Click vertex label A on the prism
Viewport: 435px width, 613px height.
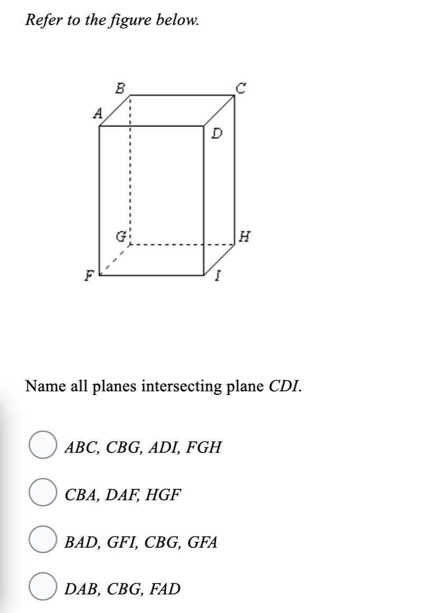tap(98, 113)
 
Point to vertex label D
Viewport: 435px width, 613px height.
tap(217, 134)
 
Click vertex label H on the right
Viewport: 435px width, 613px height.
tap(245, 236)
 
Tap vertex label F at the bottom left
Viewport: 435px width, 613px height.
tap(90, 276)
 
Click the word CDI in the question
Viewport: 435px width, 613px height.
tap(285, 386)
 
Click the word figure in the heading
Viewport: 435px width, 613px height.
tap(130, 19)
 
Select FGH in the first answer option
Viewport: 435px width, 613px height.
tap(204, 447)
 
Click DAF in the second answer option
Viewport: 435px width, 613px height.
tap(122, 495)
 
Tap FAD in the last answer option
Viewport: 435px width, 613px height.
tap(165, 589)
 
